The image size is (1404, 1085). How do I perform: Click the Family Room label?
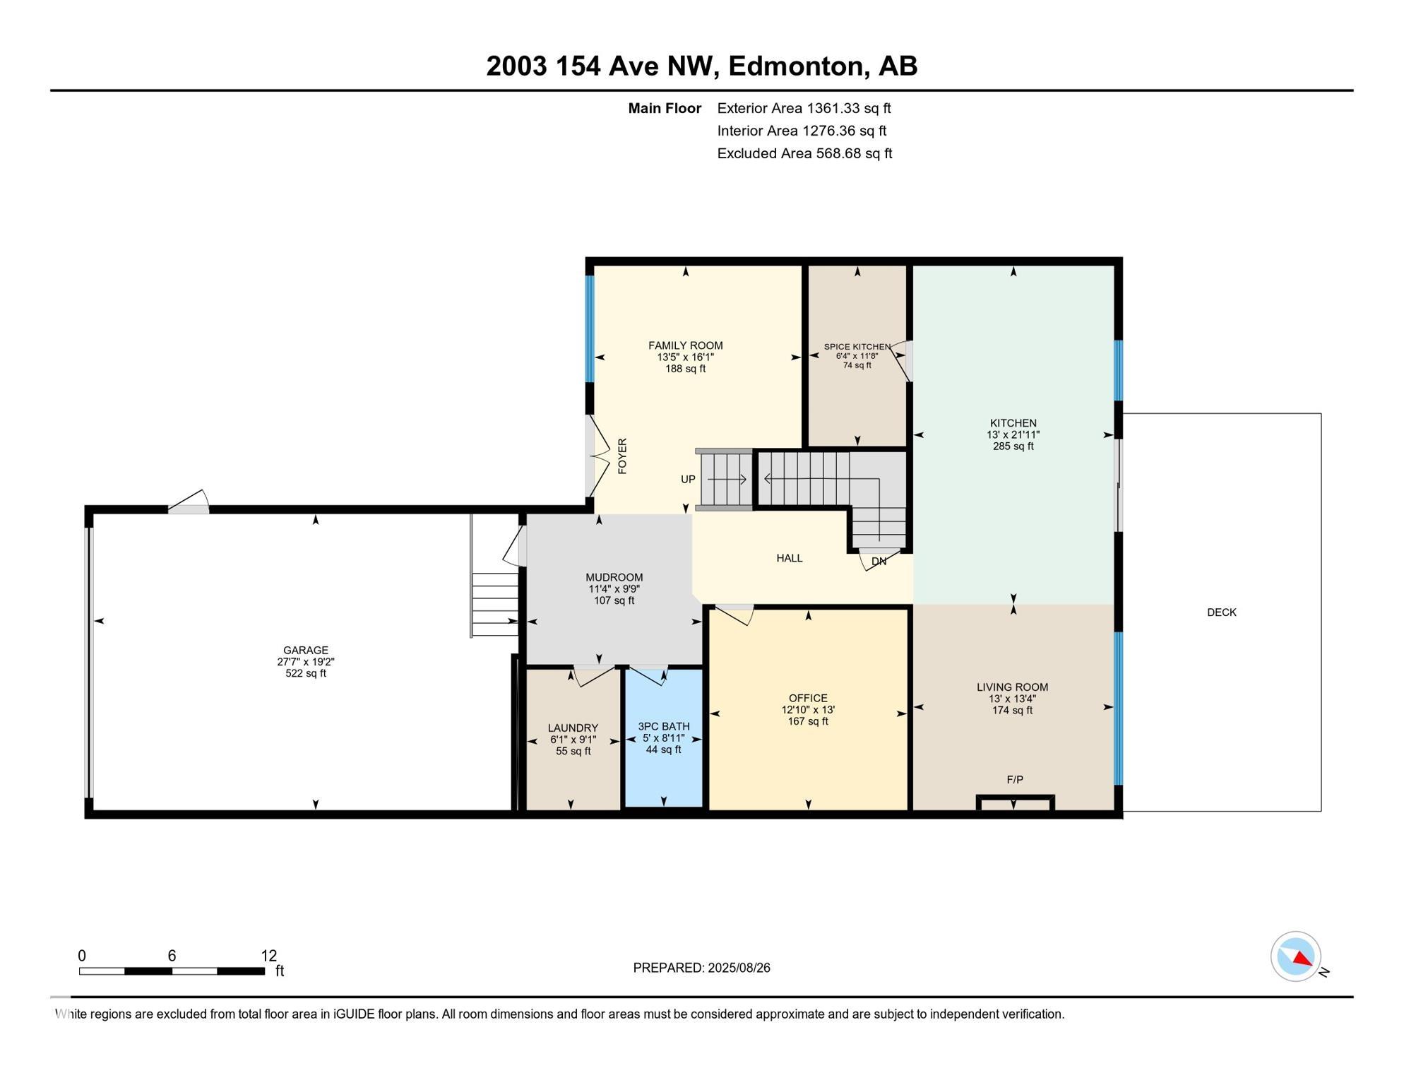click(x=685, y=345)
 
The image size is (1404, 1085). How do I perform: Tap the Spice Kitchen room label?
click(x=857, y=347)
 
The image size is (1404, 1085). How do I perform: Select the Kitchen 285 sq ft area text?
click(x=1013, y=446)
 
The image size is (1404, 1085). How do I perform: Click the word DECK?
click(x=1221, y=612)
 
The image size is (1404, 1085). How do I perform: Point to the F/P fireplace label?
click(x=1014, y=780)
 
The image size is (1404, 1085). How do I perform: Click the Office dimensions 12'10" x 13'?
click(x=808, y=710)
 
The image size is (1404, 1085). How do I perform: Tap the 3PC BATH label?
click(x=663, y=726)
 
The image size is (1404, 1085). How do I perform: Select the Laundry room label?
click(x=573, y=728)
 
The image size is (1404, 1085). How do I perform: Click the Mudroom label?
click(x=614, y=577)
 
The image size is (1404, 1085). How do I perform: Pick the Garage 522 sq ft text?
click(x=305, y=673)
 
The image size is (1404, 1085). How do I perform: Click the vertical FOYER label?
click(x=622, y=456)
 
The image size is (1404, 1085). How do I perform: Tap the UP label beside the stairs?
click(x=688, y=479)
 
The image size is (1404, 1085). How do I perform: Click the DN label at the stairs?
click(x=879, y=562)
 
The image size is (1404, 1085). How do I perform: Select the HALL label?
click(x=789, y=558)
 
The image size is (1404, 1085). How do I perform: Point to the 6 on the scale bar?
click(x=172, y=956)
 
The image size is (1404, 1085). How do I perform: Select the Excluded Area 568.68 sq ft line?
click(x=804, y=153)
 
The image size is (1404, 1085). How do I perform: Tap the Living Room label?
click(x=1012, y=687)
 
